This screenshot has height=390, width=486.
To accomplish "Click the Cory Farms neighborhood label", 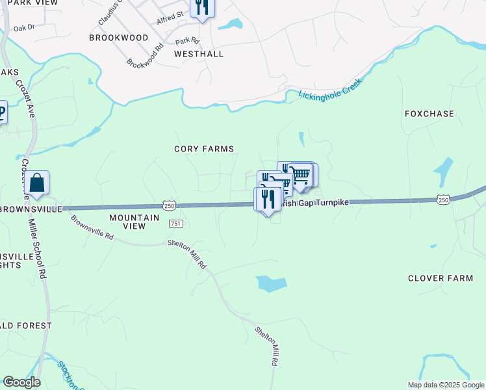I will tap(203, 149).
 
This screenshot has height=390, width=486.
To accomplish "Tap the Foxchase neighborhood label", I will tap(429, 114).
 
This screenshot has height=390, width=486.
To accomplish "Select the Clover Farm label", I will tap(440, 278).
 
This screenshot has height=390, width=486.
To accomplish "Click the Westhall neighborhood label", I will tap(199, 54).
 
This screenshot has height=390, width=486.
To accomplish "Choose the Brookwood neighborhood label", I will tap(119, 38).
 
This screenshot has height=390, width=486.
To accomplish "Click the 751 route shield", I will tap(175, 223).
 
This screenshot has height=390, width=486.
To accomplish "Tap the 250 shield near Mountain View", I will tap(169, 205).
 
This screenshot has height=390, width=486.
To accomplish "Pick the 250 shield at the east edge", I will tap(443, 200).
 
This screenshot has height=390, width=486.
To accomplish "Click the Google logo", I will tap(21, 382).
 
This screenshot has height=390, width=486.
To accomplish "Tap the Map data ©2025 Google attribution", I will tap(445, 385).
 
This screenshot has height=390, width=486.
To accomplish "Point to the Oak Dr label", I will tap(23, 28).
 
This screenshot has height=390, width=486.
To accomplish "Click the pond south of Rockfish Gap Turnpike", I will tap(272, 284).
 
